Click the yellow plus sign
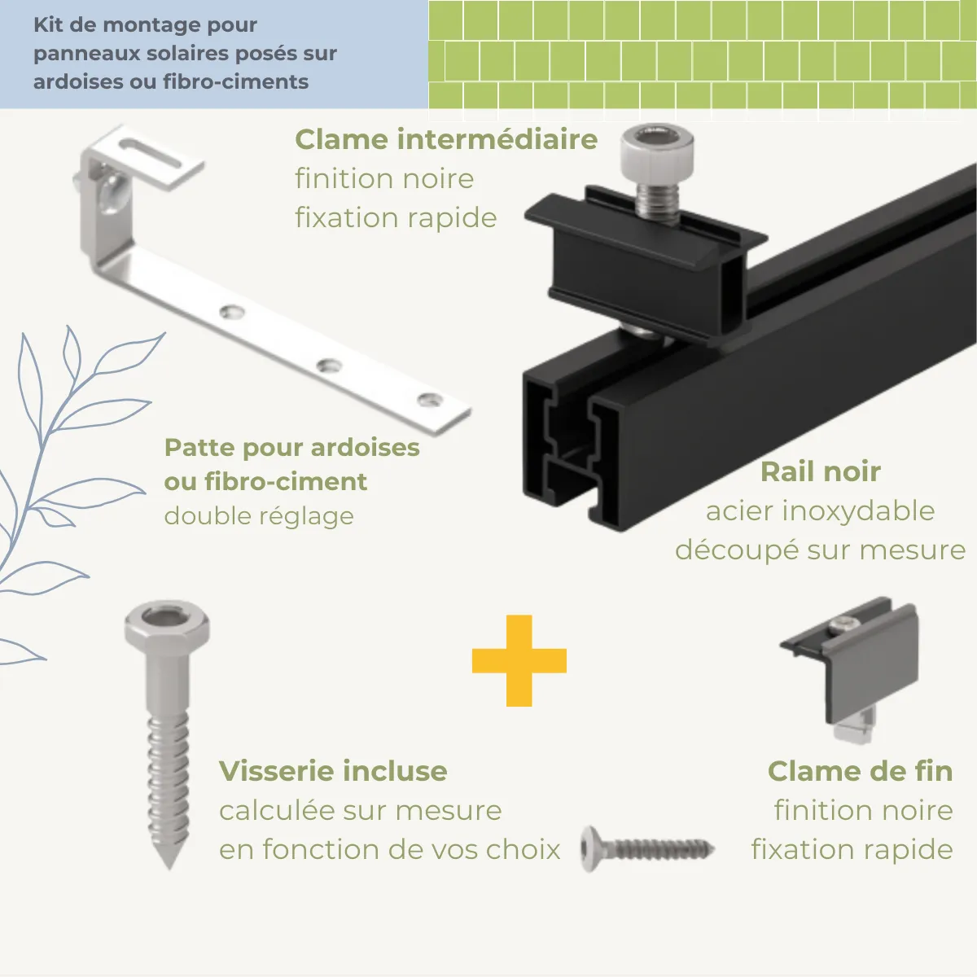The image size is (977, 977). (519, 660)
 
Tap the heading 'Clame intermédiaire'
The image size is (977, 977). (446, 139)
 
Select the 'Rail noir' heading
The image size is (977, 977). (821, 472)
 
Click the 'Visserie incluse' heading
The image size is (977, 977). (333, 771)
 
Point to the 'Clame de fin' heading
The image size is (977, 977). (860, 771)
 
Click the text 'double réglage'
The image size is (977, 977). (259, 517)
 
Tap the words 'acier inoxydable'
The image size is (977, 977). (820, 511)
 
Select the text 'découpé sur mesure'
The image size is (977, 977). (820, 550)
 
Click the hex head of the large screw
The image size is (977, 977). (167, 625)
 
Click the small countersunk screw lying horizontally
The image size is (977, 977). (647, 849)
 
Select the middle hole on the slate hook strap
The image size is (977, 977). (329, 364)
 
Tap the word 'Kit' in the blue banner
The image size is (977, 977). (48, 25)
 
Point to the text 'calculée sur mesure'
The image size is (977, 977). (361, 810)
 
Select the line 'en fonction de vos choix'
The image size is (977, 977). (389, 849)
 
